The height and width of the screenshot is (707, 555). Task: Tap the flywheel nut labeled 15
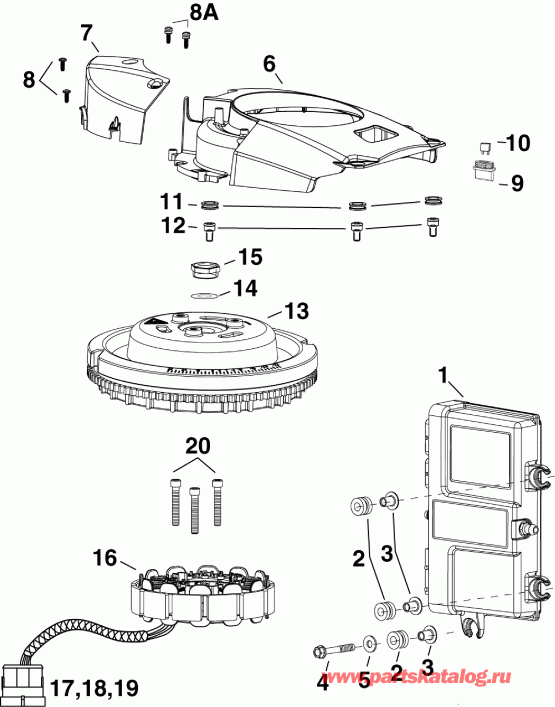tap(204, 269)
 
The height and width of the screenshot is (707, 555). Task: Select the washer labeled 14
tap(204, 296)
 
